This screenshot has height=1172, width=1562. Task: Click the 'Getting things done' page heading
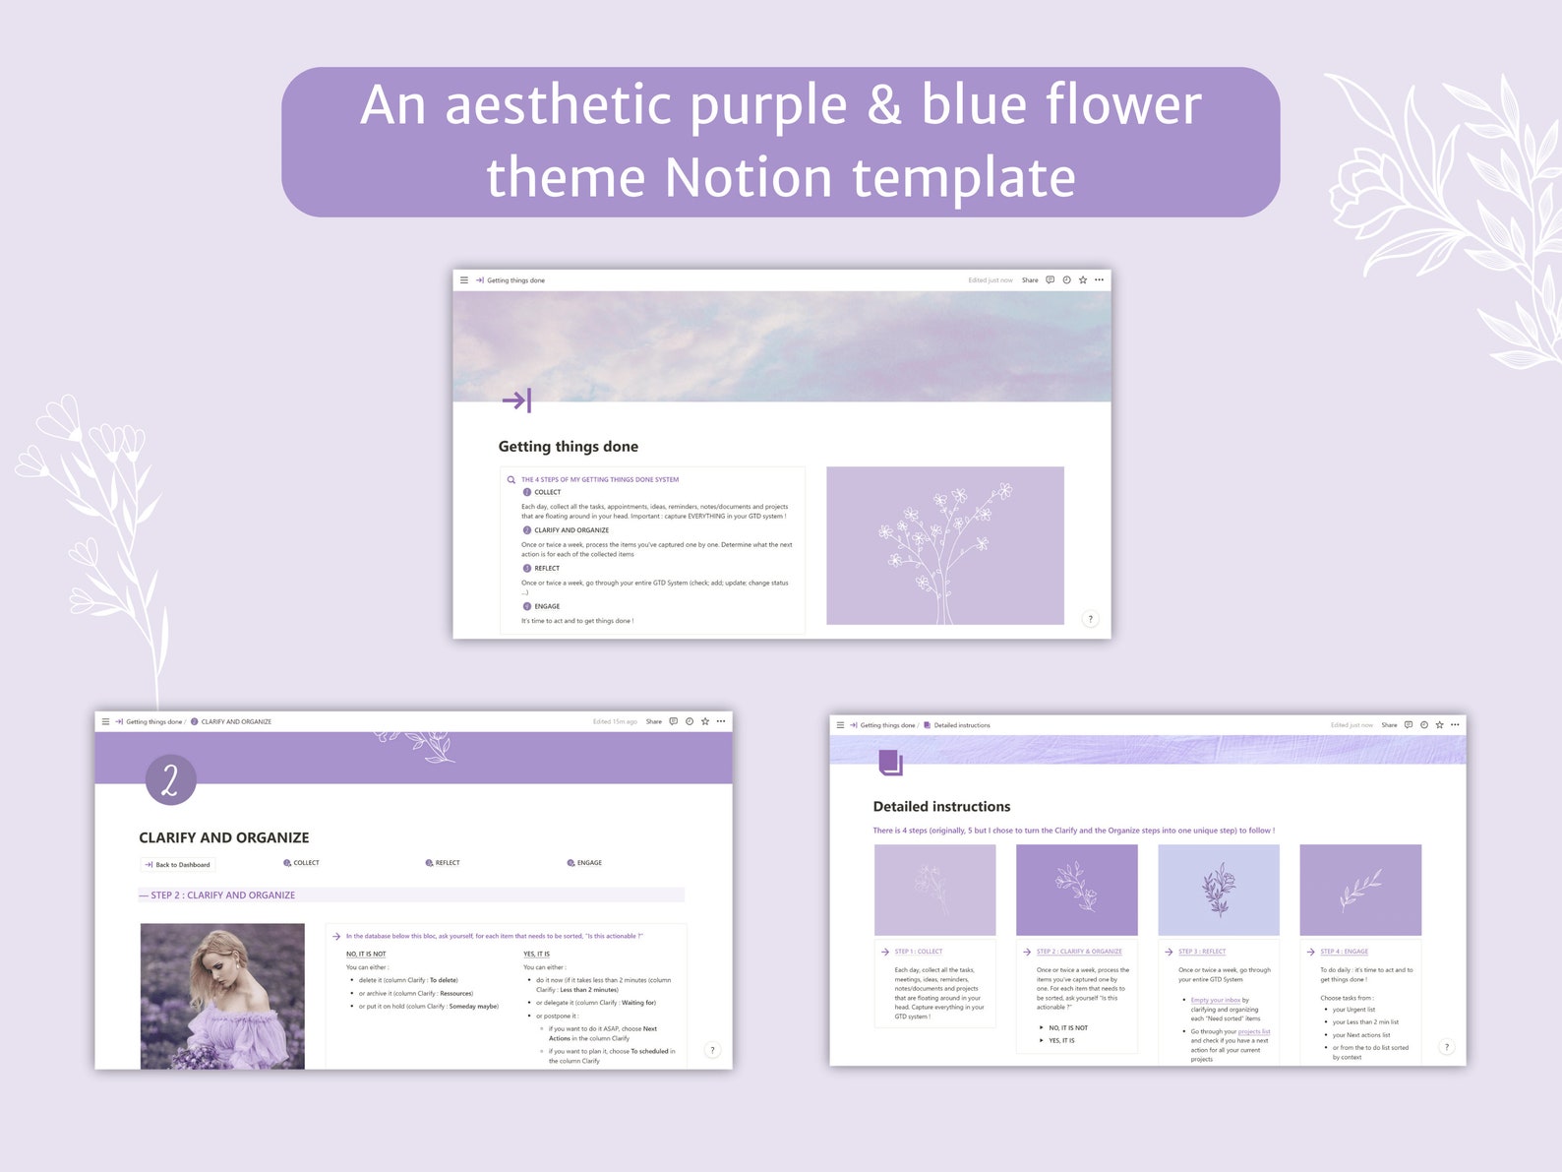tap(568, 447)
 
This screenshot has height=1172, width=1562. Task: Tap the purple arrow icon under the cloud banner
tap(516, 401)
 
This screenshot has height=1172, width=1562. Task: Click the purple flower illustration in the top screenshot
tap(944, 545)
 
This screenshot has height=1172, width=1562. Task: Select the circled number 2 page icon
tap(170, 779)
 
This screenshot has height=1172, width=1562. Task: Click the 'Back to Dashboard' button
tap(178, 865)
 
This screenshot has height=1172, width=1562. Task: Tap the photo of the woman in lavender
tap(222, 995)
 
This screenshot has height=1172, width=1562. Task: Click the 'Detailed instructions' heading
tap(941, 807)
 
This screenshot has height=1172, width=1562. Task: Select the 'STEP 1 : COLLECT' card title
tap(918, 952)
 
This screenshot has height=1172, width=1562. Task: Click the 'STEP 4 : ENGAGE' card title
tap(1344, 952)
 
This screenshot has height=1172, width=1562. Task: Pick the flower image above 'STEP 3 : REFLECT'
tap(1219, 890)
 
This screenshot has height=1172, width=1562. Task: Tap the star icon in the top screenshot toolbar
tap(1083, 280)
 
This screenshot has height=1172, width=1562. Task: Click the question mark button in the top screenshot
tap(1090, 619)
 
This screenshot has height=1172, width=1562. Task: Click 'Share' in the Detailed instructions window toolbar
tap(1389, 725)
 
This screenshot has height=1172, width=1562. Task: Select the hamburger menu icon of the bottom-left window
tap(106, 721)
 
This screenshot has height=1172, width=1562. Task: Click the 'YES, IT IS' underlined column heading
tap(536, 954)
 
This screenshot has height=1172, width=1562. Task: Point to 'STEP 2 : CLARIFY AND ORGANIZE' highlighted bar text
tap(222, 895)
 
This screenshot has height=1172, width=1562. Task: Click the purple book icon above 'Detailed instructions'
tap(889, 762)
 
